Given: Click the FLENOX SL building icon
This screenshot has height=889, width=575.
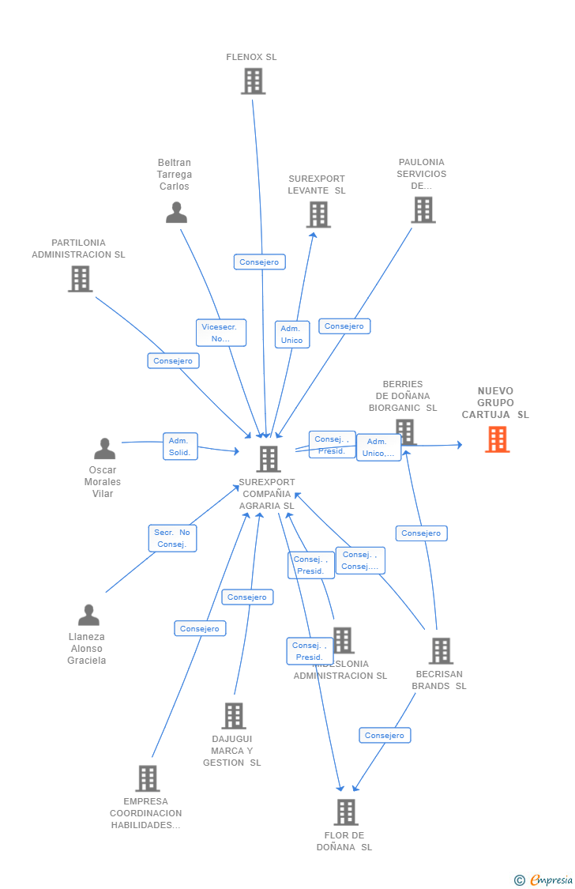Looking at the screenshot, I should pos(253,81).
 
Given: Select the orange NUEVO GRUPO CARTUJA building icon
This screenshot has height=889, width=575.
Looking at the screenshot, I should pos(497,439).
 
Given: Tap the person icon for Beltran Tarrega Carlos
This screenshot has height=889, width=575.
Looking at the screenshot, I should pos(176,213).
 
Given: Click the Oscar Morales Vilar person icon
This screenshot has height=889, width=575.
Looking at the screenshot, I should pos(104,449).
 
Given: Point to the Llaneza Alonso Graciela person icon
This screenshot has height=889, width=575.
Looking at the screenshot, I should pos(88,615).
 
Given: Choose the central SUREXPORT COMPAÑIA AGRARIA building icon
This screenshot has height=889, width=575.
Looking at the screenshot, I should pos(269,459).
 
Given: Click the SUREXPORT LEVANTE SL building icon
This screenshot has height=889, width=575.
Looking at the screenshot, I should pos(318,214).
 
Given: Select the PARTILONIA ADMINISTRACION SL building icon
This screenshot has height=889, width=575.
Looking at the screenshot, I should pos(80,279).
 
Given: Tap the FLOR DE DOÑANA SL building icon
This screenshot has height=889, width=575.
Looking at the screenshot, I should pos(345,812).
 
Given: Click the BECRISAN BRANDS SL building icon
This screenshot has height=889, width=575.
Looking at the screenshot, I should pos(440,651).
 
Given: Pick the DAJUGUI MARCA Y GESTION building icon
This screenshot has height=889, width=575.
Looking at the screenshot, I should pos(233,716).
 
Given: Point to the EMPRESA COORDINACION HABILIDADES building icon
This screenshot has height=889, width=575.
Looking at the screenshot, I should pos(147,778).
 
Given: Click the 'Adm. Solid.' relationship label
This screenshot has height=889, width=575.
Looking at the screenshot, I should pos(180,446).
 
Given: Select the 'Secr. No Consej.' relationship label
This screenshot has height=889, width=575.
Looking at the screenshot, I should pos(172,538).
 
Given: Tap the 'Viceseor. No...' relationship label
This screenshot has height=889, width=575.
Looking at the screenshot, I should pos(221,333).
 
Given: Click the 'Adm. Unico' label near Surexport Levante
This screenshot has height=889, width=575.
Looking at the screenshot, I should pos(291,334).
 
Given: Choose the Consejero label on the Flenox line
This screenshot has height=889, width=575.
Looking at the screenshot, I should pos(259,262).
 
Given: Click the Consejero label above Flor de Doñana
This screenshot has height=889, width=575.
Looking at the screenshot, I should pos(385,735).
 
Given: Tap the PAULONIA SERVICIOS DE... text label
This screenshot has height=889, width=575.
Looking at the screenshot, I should pos(422,174).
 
